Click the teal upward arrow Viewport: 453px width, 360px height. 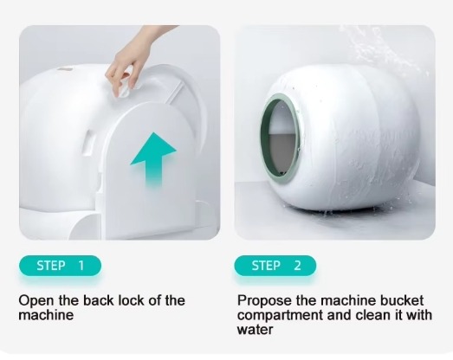click(153, 158)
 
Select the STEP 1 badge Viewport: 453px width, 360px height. click(60, 266)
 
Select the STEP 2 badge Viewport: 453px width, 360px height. click(275, 266)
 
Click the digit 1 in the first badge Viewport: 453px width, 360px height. click(81, 266)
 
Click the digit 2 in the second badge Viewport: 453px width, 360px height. click(298, 266)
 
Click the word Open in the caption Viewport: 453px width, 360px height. click(36, 301)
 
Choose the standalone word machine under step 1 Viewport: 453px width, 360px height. click(46, 315)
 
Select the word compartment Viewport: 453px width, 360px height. click(281, 315)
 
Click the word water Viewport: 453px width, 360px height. click(255, 330)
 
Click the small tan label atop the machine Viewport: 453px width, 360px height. click(65, 69)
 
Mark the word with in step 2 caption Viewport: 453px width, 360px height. click(419, 315)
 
